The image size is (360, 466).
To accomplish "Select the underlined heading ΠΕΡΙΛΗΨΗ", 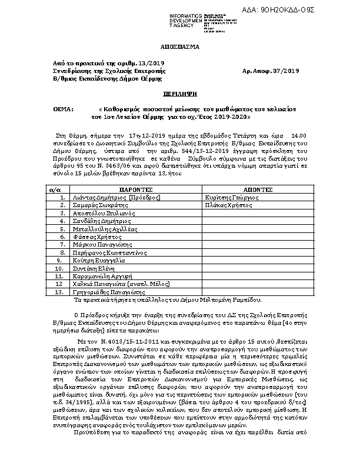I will [x=179, y=94].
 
